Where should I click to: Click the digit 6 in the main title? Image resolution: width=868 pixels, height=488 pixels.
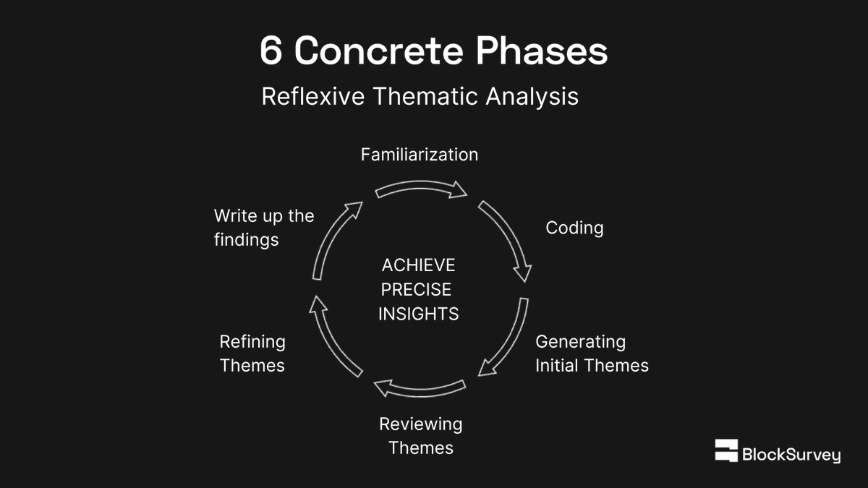click(x=271, y=51)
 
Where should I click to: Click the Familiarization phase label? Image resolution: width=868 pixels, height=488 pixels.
click(x=420, y=155)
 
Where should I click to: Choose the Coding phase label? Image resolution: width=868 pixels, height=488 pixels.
click(x=574, y=228)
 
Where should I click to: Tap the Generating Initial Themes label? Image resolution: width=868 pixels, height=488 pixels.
click(x=592, y=354)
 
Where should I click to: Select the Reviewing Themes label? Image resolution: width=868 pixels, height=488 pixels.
click(x=420, y=436)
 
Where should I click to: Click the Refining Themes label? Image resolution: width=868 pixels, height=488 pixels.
click(x=252, y=354)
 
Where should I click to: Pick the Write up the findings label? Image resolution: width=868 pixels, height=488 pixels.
click(x=264, y=228)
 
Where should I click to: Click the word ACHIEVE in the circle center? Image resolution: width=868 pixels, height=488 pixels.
click(x=419, y=265)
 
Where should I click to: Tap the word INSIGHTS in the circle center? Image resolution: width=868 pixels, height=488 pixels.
click(x=419, y=314)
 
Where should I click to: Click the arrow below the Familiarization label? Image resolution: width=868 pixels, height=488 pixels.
click(x=422, y=189)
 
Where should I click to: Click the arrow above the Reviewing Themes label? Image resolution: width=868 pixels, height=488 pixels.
click(x=419, y=389)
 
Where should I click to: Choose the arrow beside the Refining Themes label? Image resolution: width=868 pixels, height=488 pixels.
click(x=333, y=337)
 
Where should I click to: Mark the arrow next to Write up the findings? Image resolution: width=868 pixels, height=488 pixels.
click(x=335, y=239)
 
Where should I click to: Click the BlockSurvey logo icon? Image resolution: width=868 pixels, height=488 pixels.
click(x=726, y=450)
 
